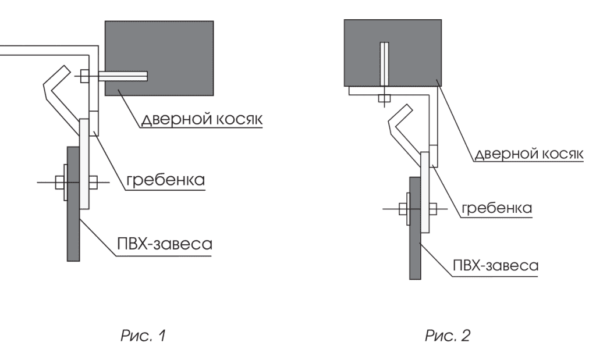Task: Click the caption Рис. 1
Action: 143,336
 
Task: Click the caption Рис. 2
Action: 448,336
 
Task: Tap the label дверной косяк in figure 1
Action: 202,119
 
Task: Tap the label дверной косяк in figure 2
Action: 528,154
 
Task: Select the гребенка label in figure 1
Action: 166,180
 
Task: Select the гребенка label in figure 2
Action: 496,208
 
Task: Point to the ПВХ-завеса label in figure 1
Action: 165,244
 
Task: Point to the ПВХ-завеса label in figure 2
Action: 496,265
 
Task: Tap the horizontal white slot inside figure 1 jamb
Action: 123,76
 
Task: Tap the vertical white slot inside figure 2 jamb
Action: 384,63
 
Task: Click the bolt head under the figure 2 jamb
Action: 384,99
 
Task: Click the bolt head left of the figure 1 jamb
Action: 85,76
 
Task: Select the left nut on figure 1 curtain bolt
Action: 59,182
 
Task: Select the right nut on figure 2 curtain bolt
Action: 432,208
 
